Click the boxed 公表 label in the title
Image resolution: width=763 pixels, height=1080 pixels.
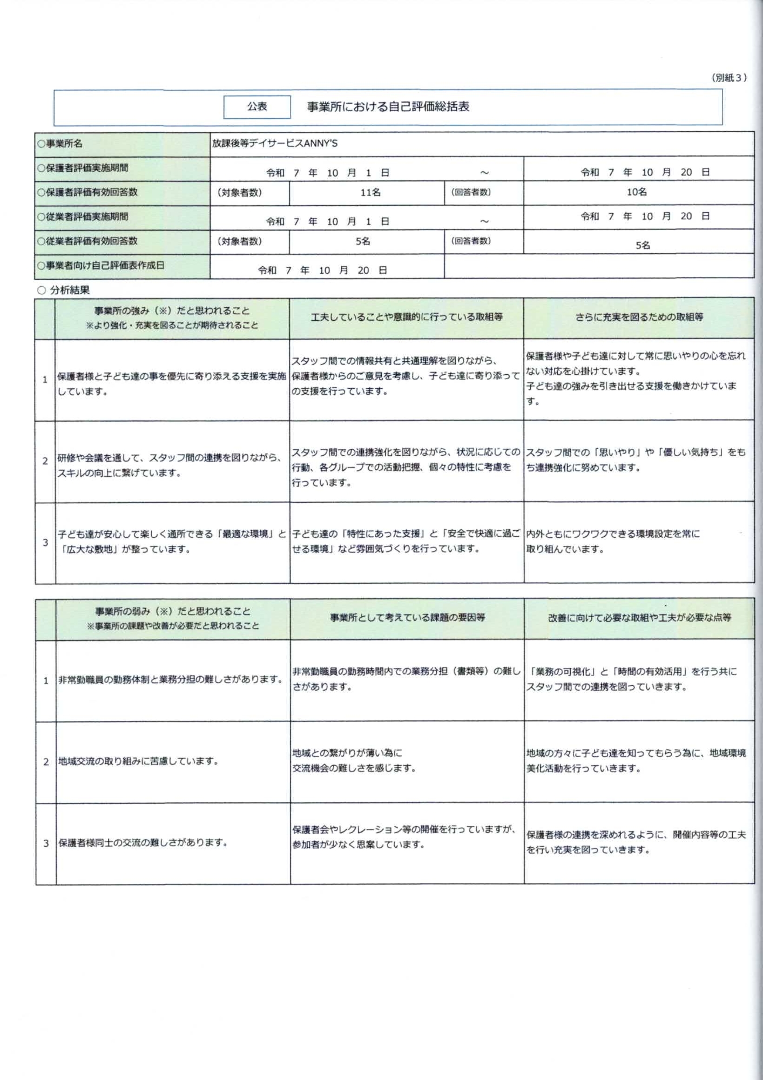pyautogui.click(x=257, y=107)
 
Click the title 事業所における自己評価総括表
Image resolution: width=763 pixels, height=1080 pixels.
pyautogui.click(x=388, y=107)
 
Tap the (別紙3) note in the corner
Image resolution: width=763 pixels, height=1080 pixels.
pyautogui.click(x=729, y=78)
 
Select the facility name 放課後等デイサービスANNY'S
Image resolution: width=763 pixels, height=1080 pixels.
pyautogui.click(x=274, y=144)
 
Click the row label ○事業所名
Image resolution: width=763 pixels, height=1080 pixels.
pyautogui.click(x=60, y=144)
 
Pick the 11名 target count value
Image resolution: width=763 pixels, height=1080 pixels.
pyautogui.click(x=370, y=192)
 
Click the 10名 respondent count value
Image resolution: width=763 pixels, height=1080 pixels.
pyautogui.click(x=637, y=192)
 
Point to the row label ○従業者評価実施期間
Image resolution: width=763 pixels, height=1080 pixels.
pyautogui.click(x=83, y=217)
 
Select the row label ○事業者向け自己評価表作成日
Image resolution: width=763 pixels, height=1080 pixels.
pyautogui.click(x=100, y=266)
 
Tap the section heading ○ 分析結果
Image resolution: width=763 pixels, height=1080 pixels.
pyautogui.click(x=63, y=290)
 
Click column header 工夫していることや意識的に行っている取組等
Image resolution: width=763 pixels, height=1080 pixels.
pyautogui.click(x=406, y=317)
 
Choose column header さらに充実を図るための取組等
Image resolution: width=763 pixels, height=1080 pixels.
pyautogui.click(x=639, y=317)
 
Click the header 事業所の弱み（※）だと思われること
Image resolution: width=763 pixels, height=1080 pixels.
pyautogui.click(x=173, y=611)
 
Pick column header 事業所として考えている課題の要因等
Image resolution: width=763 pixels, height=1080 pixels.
pyautogui.click(x=407, y=617)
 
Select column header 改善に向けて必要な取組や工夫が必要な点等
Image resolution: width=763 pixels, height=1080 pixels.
pyautogui.click(x=639, y=617)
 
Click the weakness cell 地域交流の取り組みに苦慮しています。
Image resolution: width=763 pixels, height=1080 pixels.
pyautogui.click(x=138, y=761)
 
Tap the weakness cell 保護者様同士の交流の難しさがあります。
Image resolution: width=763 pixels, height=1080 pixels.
pyautogui.click(x=143, y=842)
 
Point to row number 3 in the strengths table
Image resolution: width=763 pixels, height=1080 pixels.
pyautogui.click(x=45, y=542)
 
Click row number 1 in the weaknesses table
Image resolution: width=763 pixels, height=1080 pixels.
pyautogui.click(x=46, y=680)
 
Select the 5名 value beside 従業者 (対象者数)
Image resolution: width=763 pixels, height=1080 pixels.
pyautogui.click(x=363, y=241)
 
